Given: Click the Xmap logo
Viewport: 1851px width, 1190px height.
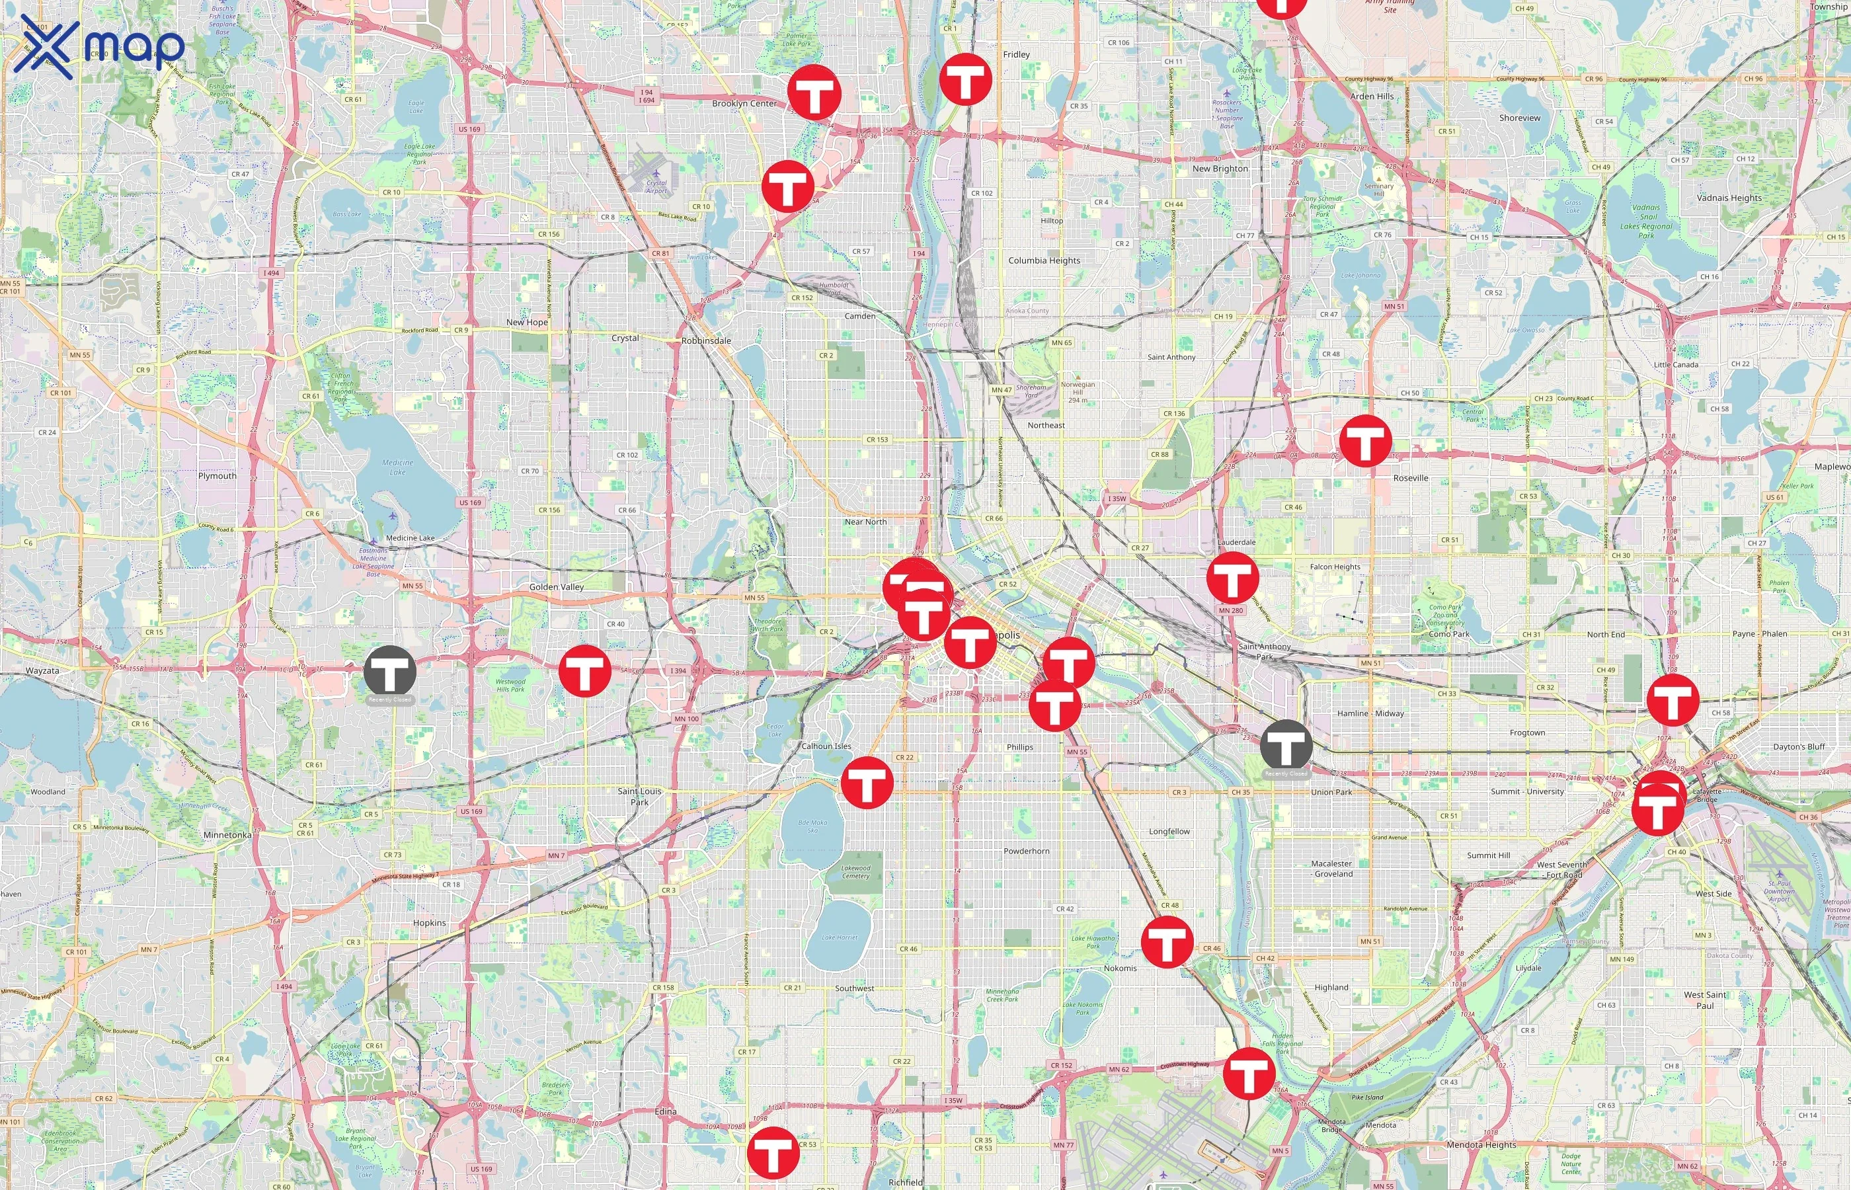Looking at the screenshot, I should coord(99,46).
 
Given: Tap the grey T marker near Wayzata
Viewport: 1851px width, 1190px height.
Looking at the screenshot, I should coord(390,672).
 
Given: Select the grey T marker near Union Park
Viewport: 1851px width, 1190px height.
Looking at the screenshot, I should coord(1286,746).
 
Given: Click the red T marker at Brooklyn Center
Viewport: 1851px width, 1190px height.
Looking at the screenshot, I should coord(814,93).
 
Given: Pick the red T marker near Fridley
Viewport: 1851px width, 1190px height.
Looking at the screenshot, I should coord(966,79).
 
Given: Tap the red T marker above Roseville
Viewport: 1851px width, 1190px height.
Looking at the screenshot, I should coord(1365,440).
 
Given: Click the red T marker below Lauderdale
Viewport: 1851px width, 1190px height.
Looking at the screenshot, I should coord(1233,578).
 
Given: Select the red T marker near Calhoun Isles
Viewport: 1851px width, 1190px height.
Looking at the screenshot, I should coord(867,783).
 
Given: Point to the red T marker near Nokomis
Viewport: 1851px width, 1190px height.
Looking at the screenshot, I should coord(1167,942).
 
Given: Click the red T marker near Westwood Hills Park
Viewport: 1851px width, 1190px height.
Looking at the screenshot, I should coord(585,671).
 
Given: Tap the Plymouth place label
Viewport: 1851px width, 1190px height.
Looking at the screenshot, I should coord(217,476).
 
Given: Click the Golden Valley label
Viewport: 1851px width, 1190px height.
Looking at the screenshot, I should coord(556,587).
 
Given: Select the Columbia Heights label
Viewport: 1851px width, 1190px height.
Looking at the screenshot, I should coord(1044,260).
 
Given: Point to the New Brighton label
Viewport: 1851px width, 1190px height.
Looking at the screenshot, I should coord(1220,169).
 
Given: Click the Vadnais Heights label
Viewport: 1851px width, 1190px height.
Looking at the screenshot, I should coord(1729,198).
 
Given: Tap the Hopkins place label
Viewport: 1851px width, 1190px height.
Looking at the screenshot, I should coord(430,923).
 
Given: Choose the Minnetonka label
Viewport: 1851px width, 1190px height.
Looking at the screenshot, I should coord(227,834).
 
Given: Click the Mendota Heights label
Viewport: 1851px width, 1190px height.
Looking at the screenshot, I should coord(1481,1144).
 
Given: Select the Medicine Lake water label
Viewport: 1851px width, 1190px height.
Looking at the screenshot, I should coord(398,467).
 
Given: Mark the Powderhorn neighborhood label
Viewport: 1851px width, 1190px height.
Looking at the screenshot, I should coord(1026,851).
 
